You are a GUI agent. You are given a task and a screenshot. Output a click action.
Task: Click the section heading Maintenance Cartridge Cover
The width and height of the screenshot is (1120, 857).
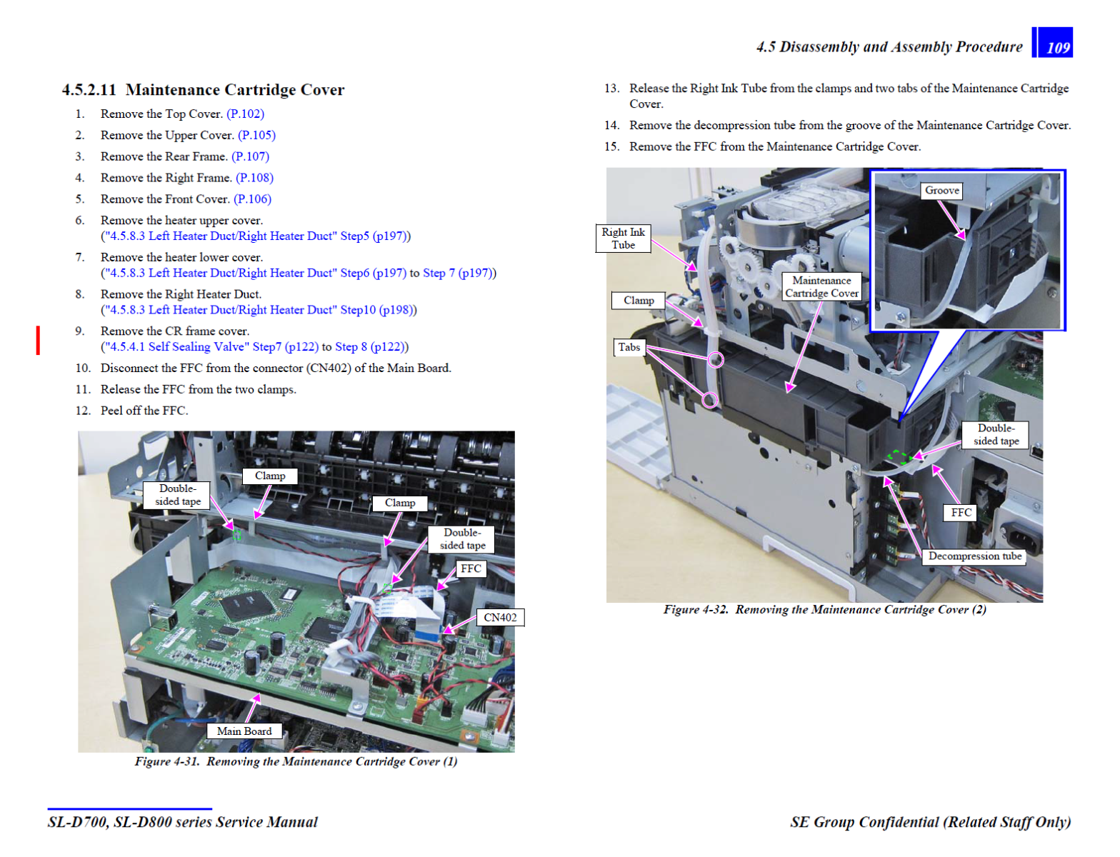235,90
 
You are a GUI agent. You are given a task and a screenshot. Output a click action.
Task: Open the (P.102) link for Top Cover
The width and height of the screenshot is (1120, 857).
246,114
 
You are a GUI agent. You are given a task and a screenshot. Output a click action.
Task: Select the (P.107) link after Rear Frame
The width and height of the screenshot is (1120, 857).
250,156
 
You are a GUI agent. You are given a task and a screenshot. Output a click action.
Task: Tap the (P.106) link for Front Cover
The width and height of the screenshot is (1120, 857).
253,199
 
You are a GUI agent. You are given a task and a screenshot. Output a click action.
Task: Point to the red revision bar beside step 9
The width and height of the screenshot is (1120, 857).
38,340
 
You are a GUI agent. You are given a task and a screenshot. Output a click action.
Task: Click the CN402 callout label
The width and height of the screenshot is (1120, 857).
500,618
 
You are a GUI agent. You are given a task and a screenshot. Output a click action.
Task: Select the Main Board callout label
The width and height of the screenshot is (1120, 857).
244,731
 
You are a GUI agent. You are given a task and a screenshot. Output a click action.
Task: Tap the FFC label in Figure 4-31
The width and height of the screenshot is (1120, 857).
471,568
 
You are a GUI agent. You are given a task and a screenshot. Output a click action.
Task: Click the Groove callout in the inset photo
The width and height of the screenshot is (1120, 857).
941,191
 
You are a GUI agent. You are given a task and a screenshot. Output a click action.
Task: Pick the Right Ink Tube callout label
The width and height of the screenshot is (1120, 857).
623,239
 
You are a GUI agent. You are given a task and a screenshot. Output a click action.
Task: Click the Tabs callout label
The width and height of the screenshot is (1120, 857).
629,347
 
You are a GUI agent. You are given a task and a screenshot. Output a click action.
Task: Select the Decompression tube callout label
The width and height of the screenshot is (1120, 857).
974,556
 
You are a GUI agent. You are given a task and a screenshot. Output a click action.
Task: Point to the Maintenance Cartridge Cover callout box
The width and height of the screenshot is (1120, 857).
821,286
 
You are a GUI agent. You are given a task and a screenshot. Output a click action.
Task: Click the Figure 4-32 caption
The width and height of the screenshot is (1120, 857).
824,610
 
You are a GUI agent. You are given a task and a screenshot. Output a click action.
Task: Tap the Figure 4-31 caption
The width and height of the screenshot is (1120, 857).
296,761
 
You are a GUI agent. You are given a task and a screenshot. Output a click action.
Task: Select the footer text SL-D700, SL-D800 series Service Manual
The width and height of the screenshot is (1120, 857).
183,822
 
